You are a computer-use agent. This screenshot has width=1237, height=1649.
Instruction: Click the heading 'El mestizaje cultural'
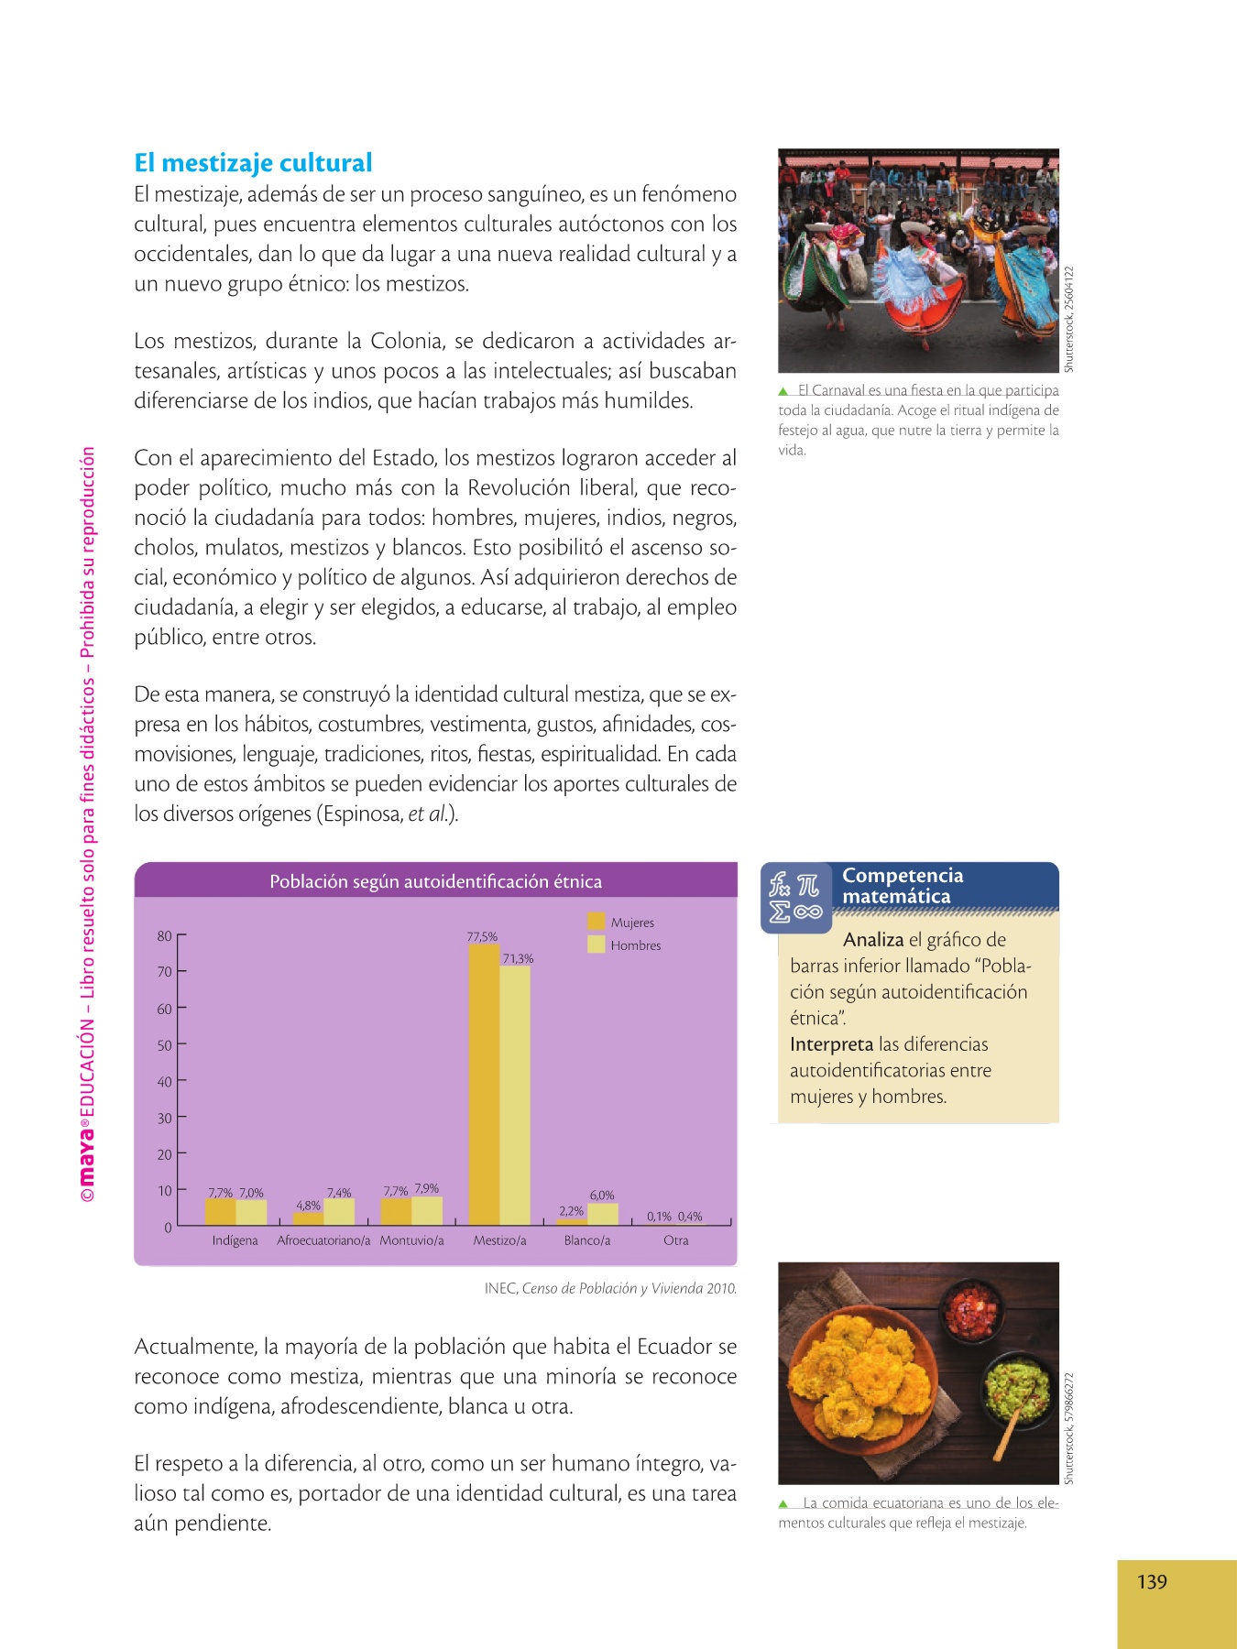point(253,163)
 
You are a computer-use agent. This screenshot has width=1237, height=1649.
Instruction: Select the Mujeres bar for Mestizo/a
point(484,1085)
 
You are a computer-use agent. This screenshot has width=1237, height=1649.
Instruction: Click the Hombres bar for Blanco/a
point(603,1214)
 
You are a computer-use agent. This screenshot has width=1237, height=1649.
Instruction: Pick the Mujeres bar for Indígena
point(220,1212)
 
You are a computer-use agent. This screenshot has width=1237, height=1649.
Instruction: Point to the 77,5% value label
point(482,936)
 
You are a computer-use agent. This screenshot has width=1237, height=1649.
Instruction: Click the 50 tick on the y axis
point(165,1045)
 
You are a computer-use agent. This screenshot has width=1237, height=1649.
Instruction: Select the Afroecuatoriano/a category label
point(323,1240)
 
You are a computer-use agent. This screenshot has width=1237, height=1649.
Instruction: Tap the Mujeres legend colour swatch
point(597,922)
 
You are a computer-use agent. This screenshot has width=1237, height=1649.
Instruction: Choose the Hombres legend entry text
point(636,945)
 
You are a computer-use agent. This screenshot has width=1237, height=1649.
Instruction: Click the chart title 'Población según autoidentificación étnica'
point(435,881)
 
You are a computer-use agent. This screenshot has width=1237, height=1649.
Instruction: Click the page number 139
point(1152,1582)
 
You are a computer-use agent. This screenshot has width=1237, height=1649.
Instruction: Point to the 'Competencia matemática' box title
point(903,886)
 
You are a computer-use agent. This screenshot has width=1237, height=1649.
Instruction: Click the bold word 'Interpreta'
point(831,1044)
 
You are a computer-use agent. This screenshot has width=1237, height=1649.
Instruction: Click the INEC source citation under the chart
point(610,1288)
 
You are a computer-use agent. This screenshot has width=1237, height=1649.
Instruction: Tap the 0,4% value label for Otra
point(690,1217)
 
